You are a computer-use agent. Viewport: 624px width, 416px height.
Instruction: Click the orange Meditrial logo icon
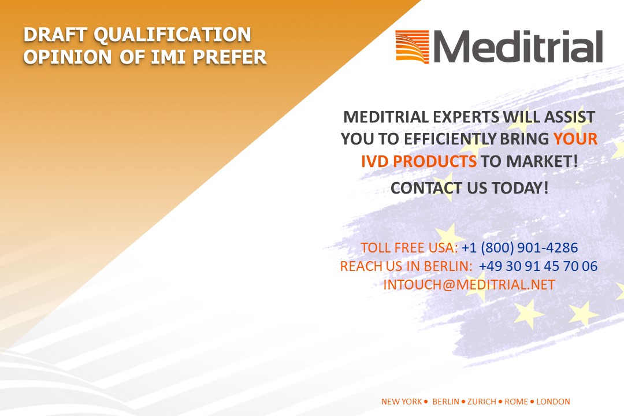point(413,47)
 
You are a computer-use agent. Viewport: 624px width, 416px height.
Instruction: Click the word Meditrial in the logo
point(518,47)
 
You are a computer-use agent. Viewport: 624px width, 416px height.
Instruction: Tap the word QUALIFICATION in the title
point(172,35)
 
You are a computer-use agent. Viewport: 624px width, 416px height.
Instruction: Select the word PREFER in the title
point(229,57)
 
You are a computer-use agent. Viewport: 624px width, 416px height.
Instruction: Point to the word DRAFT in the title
point(55,35)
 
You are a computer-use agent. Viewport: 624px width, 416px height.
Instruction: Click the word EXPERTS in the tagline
point(466,117)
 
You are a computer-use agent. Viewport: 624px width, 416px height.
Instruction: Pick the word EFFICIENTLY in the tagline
point(450,139)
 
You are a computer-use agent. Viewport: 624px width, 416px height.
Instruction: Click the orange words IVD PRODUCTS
point(419,161)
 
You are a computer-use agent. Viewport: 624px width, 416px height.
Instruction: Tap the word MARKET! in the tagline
point(542,161)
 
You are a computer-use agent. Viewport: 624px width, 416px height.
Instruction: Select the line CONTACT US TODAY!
point(470,188)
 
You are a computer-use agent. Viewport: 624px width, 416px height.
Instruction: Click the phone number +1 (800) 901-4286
point(520,248)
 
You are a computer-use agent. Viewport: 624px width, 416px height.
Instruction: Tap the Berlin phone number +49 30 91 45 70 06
point(538,266)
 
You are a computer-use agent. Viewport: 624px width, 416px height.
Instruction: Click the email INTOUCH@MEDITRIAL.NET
point(469,285)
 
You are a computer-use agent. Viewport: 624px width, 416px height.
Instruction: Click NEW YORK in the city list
point(401,402)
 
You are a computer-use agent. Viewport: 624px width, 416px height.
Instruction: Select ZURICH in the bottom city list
point(481,402)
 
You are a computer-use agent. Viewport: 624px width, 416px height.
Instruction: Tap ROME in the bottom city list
point(516,402)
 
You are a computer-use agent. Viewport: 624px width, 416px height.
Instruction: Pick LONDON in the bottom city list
point(553,402)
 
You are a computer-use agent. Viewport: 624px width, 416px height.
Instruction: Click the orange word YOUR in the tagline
point(575,139)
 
